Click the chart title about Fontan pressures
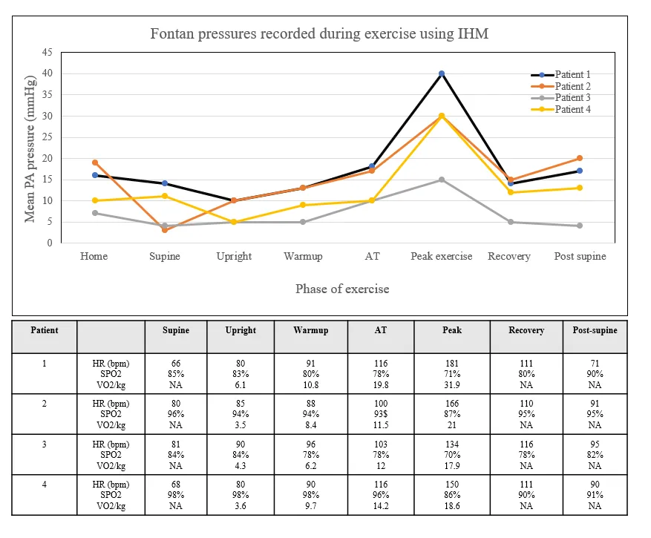(x=319, y=34)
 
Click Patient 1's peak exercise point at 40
(x=441, y=73)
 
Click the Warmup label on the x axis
(x=303, y=256)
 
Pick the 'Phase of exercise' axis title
(x=342, y=289)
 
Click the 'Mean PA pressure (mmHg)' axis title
(x=30, y=148)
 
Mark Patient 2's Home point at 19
(x=95, y=163)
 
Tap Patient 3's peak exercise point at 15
(x=441, y=180)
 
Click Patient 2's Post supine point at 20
(x=579, y=158)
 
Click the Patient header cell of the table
(x=44, y=329)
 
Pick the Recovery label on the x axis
(x=509, y=256)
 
